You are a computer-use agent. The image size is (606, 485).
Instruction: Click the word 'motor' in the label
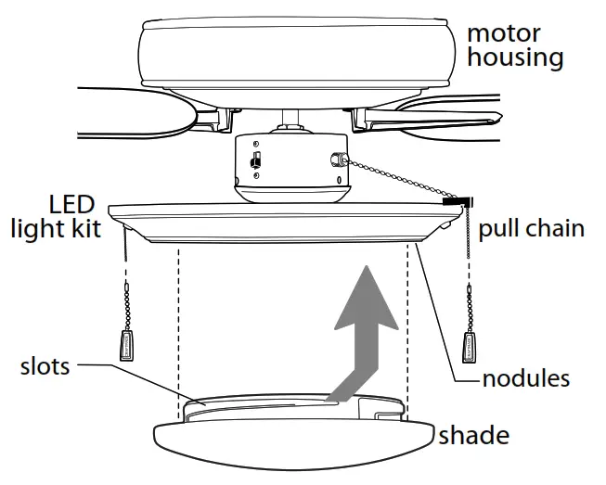[505, 33]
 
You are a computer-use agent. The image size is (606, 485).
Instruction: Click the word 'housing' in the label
[515, 58]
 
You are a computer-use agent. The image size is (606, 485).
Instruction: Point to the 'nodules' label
[525, 378]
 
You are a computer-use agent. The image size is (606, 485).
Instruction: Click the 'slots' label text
[45, 366]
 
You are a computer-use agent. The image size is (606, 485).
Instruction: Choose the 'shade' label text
[473, 434]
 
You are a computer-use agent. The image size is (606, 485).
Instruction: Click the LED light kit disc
[278, 223]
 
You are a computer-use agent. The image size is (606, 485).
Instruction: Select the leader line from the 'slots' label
[139, 378]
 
